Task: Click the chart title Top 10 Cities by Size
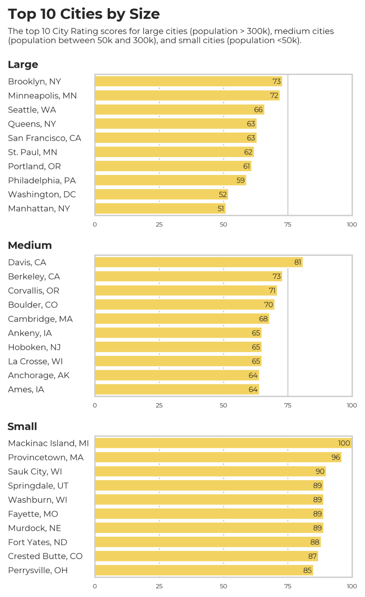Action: (84, 14)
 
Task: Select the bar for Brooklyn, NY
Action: (188, 81)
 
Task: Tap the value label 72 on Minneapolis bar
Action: (274, 96)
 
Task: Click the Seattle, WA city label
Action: (32, 110)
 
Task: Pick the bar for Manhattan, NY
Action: (160, 208)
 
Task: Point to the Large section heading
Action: (23, 65)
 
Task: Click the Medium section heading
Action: (30, 245)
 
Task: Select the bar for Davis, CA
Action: (199, 262)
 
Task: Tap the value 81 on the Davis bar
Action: (297, 262)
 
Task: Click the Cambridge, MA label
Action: (40, 319)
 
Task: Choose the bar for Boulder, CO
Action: (185, 305)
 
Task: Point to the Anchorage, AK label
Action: (39, 375)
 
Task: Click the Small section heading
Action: (22, 426)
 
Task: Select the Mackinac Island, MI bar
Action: (223, 443)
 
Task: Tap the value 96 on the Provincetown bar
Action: (335, 457)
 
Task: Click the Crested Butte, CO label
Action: (45, 556)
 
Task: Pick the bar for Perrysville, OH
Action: (204, 570)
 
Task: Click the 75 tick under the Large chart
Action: (288, 225)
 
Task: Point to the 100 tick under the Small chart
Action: (352, 586)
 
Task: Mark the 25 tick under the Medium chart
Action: (159, 406)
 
